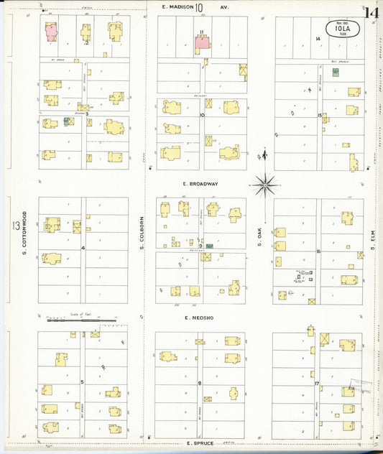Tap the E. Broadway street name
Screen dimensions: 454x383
[x=200, y=184]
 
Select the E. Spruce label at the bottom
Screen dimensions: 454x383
[x=200, y=444]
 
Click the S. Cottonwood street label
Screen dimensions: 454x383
[x=24, y=232]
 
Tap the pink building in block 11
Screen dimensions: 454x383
[x=202, y=43]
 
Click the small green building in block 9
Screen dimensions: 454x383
[x=209, y=246]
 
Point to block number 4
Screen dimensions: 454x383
[x=83, y=248]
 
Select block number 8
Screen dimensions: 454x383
[x=200, y=383]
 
